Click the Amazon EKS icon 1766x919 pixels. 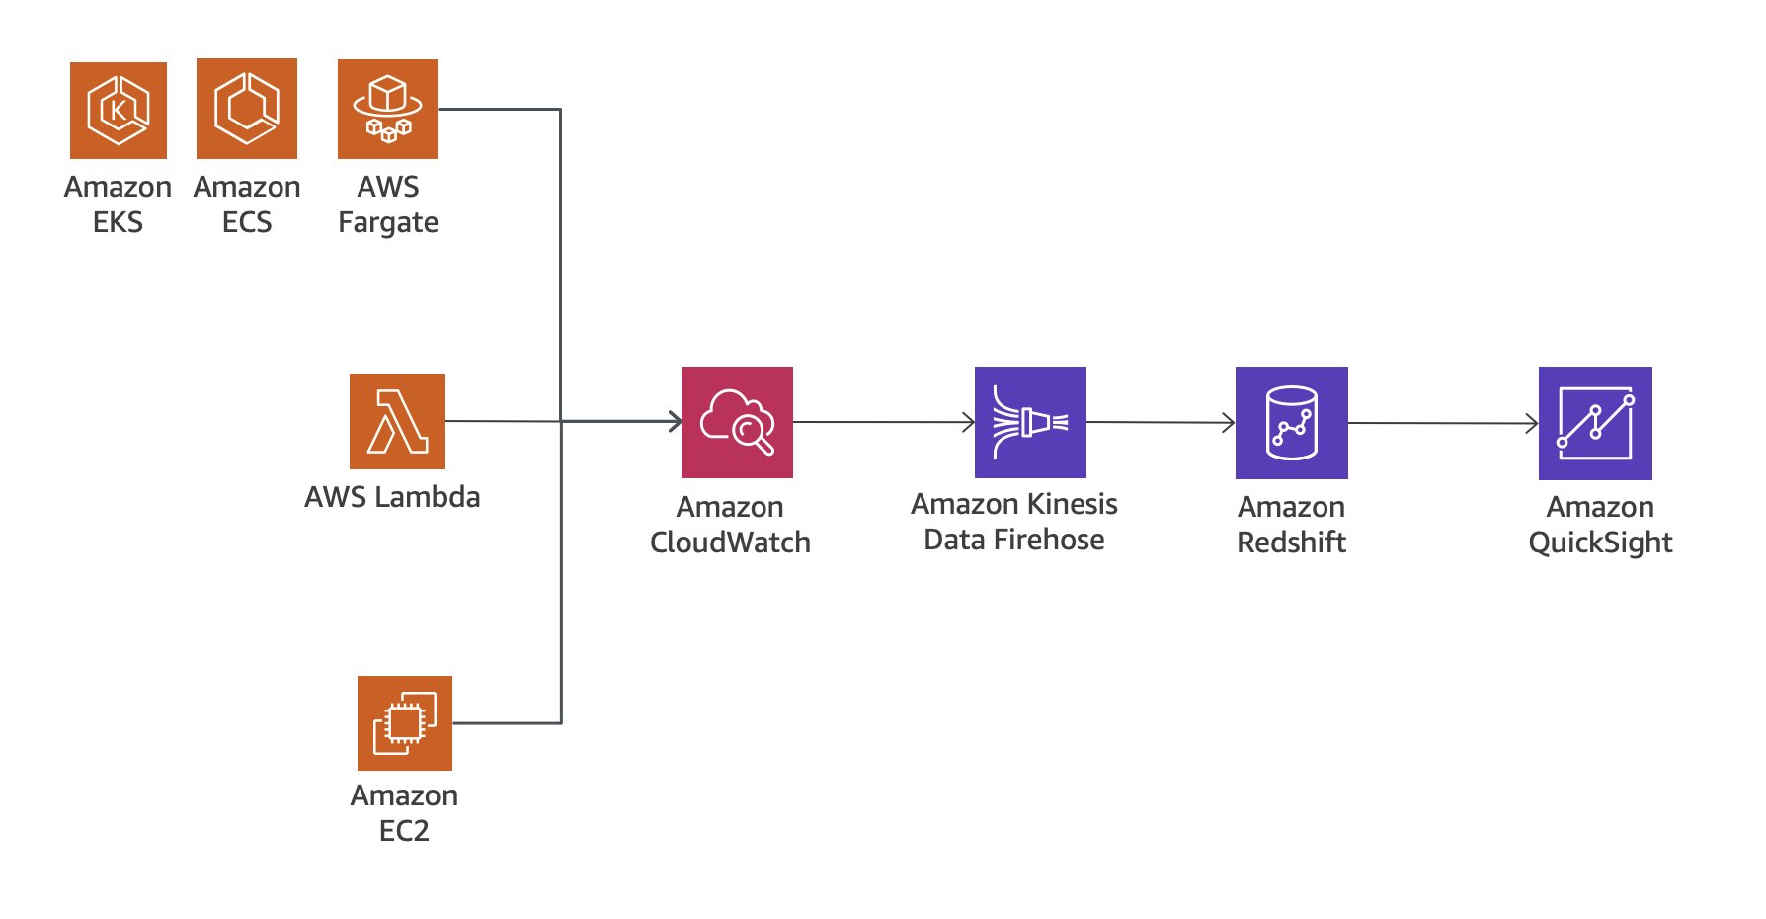coord(119,110)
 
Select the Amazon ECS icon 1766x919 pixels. coord(247,109)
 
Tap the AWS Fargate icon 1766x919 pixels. coord(387,109)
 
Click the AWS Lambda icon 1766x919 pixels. coord(397,421)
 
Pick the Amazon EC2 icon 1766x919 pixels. coord(405,723)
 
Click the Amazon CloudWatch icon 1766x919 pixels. coord(737,422)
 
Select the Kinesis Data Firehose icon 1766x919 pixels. coord(1030,422)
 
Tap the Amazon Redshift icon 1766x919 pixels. coord(1291,423)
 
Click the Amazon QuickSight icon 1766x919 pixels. coord(1595,423)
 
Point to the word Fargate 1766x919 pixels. coord(387,223)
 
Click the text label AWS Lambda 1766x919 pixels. coord(392,497)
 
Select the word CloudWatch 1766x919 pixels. coord(730,543)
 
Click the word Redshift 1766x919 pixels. coord(1291,543)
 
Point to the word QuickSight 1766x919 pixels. coord(1600,543)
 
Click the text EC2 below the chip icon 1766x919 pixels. coord(404,831)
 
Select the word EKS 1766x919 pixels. coord(118,223)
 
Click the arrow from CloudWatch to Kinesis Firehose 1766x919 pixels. coord(883,422)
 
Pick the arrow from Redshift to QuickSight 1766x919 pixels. coord(1442,423)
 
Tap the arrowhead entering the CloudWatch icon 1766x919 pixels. coord(676,422)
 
